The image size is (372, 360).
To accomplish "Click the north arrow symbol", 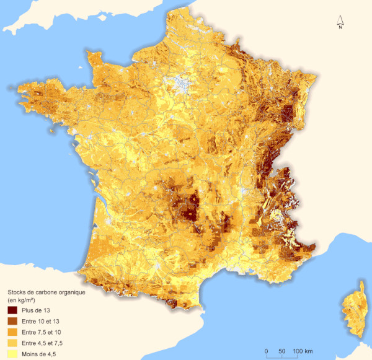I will coord(340,19).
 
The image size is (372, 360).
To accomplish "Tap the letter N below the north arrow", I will coord(340,26).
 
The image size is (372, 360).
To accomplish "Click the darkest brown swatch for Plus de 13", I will coord(13,309).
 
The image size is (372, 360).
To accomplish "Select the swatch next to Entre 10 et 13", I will coord(13,320).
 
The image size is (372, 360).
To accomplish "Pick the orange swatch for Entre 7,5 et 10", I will coord(13,331).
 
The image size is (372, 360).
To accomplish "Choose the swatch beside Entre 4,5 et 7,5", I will coord(13,343).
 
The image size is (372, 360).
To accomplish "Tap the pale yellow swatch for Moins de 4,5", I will coord(13,354).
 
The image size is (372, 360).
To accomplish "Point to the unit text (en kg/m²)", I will coord(25,299).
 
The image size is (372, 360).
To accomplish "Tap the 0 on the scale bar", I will coord(266,351).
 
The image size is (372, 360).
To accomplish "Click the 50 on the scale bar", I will coord(282,351).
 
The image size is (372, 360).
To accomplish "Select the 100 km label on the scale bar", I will coord(301,351).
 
